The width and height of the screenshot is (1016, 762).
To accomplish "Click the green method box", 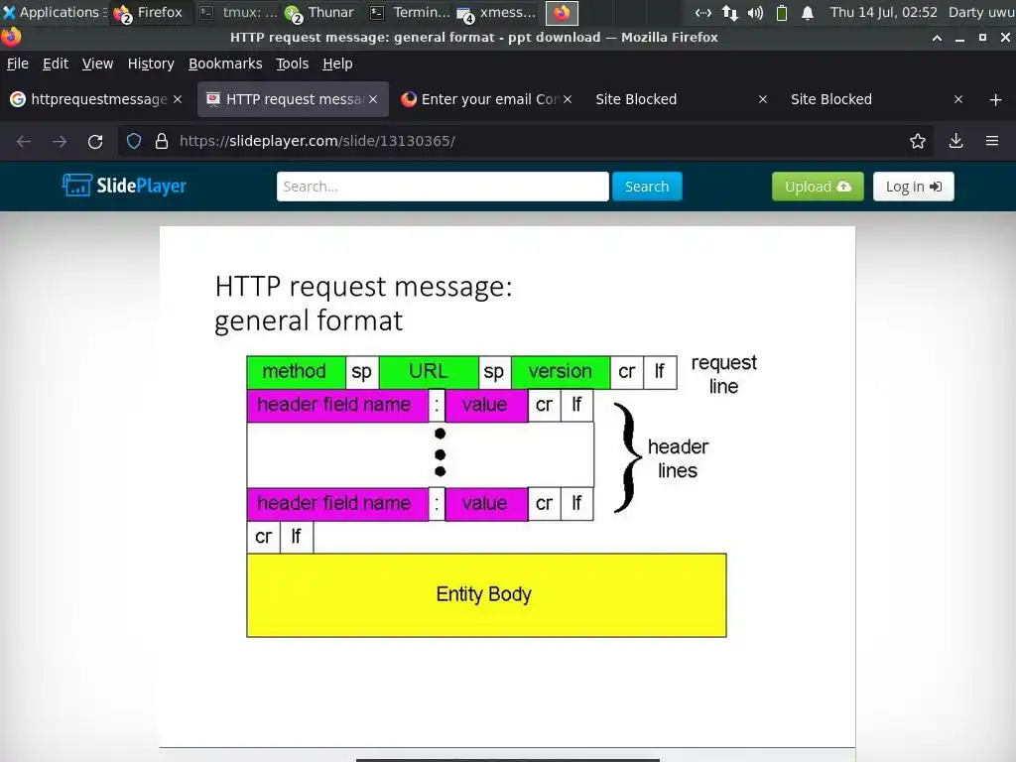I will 295,372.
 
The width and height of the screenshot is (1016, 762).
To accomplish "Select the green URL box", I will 428,372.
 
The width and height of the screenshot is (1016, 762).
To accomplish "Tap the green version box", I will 560,372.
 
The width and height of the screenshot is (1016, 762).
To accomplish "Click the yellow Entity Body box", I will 486,594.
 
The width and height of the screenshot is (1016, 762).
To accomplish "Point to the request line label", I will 723,374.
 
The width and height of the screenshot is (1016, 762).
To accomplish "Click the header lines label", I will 678,458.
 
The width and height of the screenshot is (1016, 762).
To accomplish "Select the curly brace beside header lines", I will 624,456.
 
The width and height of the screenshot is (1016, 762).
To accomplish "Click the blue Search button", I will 647,187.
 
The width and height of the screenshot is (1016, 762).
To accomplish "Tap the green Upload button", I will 818,187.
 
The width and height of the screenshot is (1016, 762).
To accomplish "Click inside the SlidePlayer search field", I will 442,187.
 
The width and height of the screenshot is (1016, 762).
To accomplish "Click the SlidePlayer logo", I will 125,186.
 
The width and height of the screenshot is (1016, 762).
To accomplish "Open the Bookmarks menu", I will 225,63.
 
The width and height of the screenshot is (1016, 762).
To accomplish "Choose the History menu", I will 151,63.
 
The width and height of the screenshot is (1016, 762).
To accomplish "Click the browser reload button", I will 95,141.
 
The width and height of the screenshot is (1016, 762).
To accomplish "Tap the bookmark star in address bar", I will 918,141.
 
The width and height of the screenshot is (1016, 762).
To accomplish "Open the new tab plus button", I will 995,99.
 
